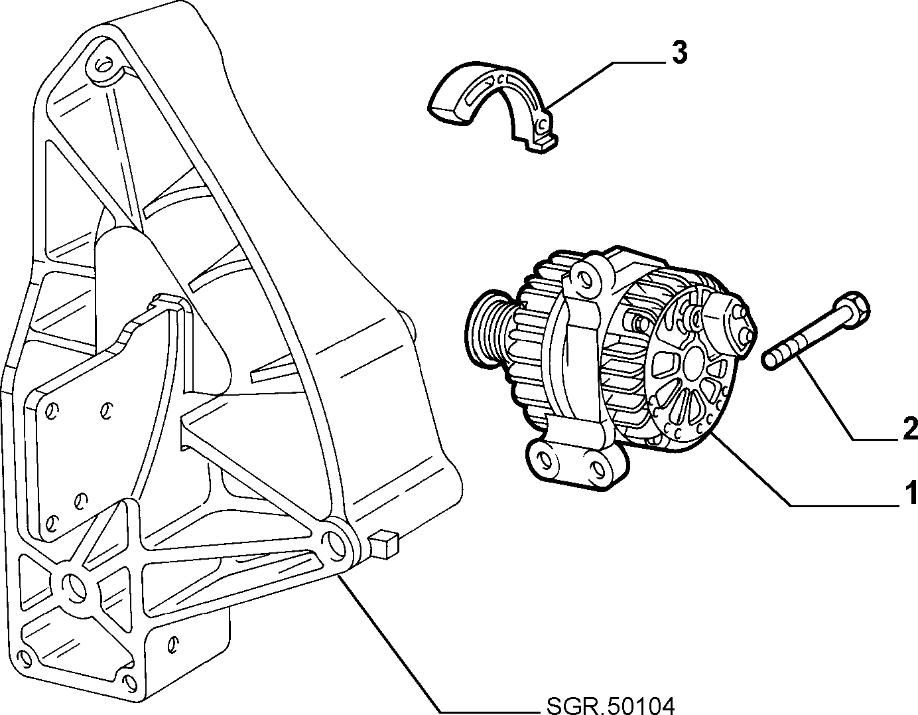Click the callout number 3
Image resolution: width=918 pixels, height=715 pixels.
click(679, 53)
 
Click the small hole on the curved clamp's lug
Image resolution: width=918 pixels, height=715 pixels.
click(542, 124)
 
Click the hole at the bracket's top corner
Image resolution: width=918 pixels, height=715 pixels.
click(103, 64)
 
